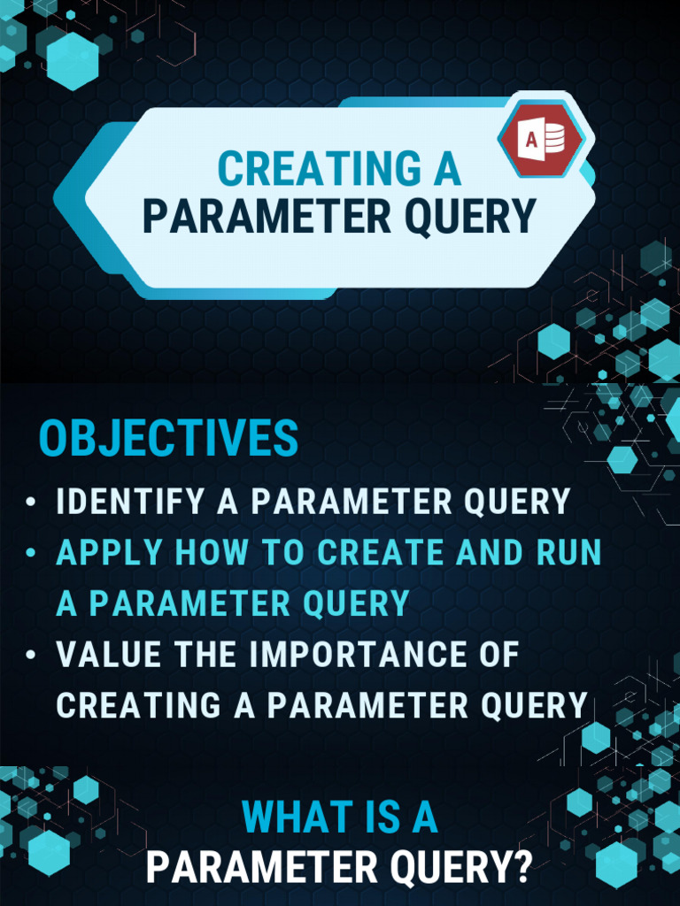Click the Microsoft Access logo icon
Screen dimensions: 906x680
click(542, 139)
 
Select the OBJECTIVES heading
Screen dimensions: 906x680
click(168, 439)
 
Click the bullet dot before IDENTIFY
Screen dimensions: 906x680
click(32, 503)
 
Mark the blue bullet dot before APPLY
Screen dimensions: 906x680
click(32, 554)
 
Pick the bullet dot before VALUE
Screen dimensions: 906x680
click(32, 656)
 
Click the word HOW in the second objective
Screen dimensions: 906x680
click(212, 553)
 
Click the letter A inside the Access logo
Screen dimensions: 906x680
click(531, 140)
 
